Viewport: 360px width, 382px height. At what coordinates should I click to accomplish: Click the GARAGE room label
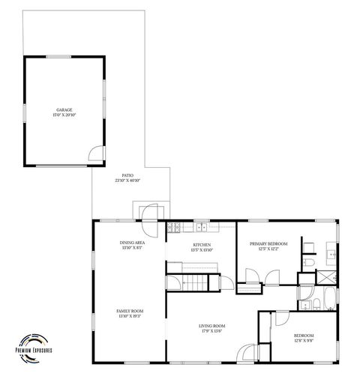(64, 110)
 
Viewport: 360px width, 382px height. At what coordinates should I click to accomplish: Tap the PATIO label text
(128, 175)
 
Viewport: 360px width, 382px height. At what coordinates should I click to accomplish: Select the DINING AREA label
(132, 243)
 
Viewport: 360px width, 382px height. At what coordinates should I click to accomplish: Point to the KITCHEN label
(202, 245)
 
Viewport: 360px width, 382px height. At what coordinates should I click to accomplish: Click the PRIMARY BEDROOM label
(268, 244)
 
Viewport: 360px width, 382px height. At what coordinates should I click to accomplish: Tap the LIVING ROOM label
(212, 326)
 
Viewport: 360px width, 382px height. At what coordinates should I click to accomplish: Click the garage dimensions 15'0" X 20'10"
(64, 115)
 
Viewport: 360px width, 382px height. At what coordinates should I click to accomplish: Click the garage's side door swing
(96, 155)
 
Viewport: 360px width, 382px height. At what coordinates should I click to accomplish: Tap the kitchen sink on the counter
(201, 226)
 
